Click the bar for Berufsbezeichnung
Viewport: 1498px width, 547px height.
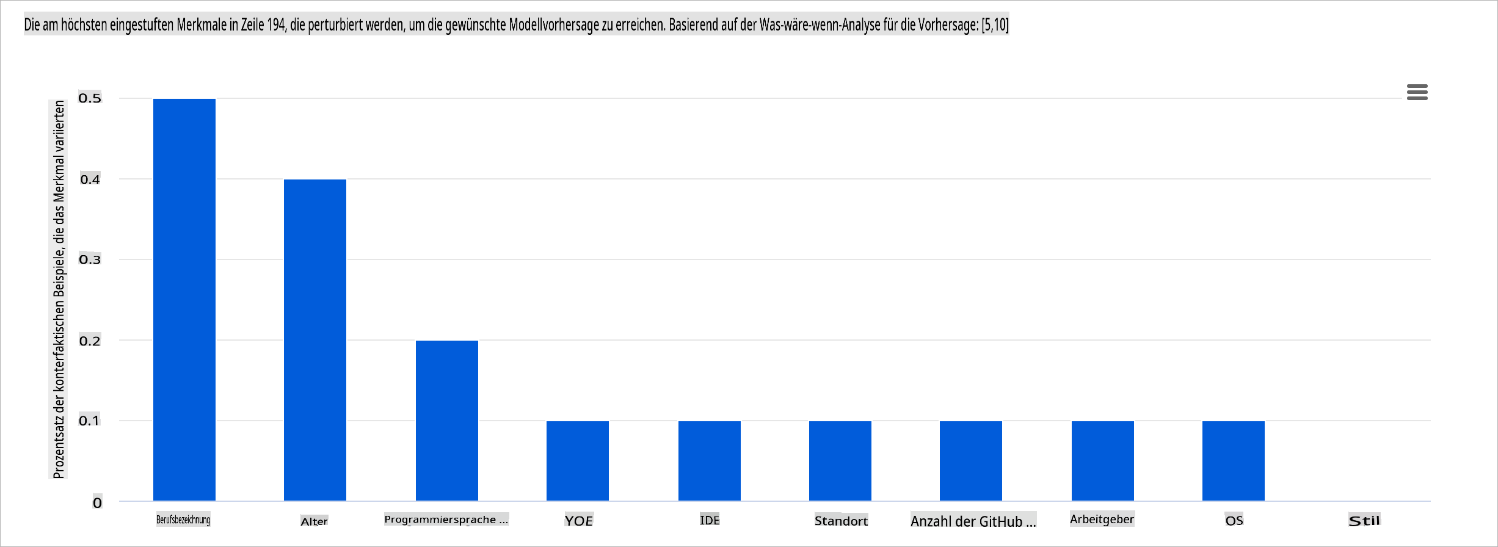point(184,299)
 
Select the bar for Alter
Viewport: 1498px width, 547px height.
point(315,339)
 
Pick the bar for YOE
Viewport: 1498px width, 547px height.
point(577,460)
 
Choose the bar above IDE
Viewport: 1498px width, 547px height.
point(709,460)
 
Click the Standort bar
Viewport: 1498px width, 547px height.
point(840,460)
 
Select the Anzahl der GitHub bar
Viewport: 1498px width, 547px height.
point(970,460)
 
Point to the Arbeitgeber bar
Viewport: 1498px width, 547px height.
point(1102,460)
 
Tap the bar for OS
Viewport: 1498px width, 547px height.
point(1233,460)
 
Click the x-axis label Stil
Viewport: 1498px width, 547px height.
point(1364,521)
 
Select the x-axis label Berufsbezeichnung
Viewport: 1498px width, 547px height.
point(183,520)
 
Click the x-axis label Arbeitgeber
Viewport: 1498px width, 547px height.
point(1102,519)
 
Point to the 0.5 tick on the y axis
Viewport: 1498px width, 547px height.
point(90,98)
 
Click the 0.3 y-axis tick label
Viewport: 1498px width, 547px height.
point(90,259)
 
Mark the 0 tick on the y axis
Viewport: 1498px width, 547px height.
point(97,502)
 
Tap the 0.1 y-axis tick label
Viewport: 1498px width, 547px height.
point(90,421)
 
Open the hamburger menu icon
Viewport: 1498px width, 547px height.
point(1417,92)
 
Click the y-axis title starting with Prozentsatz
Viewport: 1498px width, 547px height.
point(59,289)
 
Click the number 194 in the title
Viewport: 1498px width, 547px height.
point(276,24)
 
